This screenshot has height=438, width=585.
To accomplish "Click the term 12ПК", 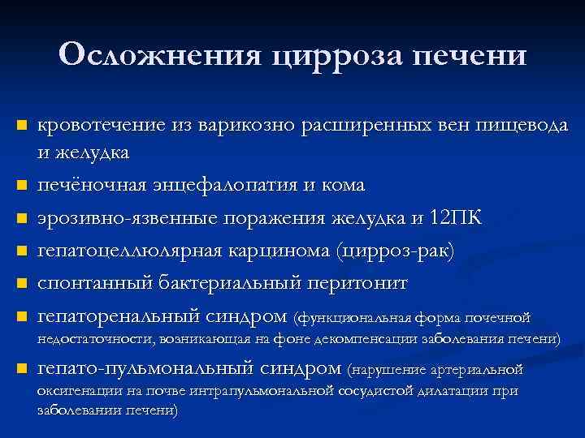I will point(454,218).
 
